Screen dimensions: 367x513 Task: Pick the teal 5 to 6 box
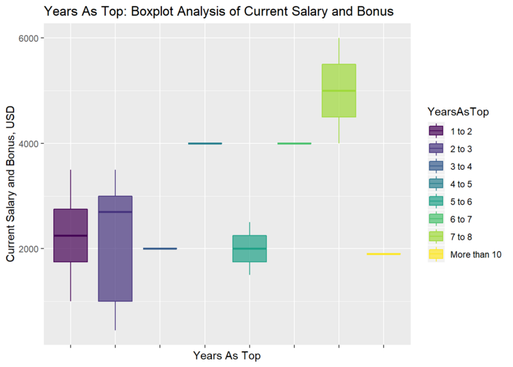coord(249,248)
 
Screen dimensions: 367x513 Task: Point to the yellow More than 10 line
coord(383,254)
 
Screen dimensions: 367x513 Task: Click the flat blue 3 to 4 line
coord(159,249)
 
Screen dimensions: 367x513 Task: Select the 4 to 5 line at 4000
coord(205,143)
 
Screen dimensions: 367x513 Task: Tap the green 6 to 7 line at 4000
coord(294,143)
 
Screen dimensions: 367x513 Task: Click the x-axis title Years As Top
coord(226,356)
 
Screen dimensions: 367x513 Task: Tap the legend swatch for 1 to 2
coord(436,130)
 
